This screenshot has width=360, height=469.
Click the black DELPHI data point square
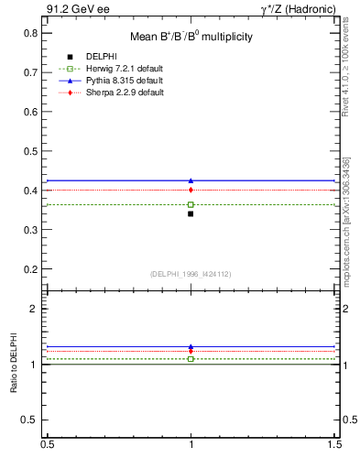[x=191, y=213]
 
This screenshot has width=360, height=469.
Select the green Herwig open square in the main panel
[x=191, y=204]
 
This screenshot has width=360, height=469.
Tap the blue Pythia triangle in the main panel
[x=191, y=180]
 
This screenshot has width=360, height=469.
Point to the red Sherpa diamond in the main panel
[x=191, y=190]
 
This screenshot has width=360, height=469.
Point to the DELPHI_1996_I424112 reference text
[x=190, y=274]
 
